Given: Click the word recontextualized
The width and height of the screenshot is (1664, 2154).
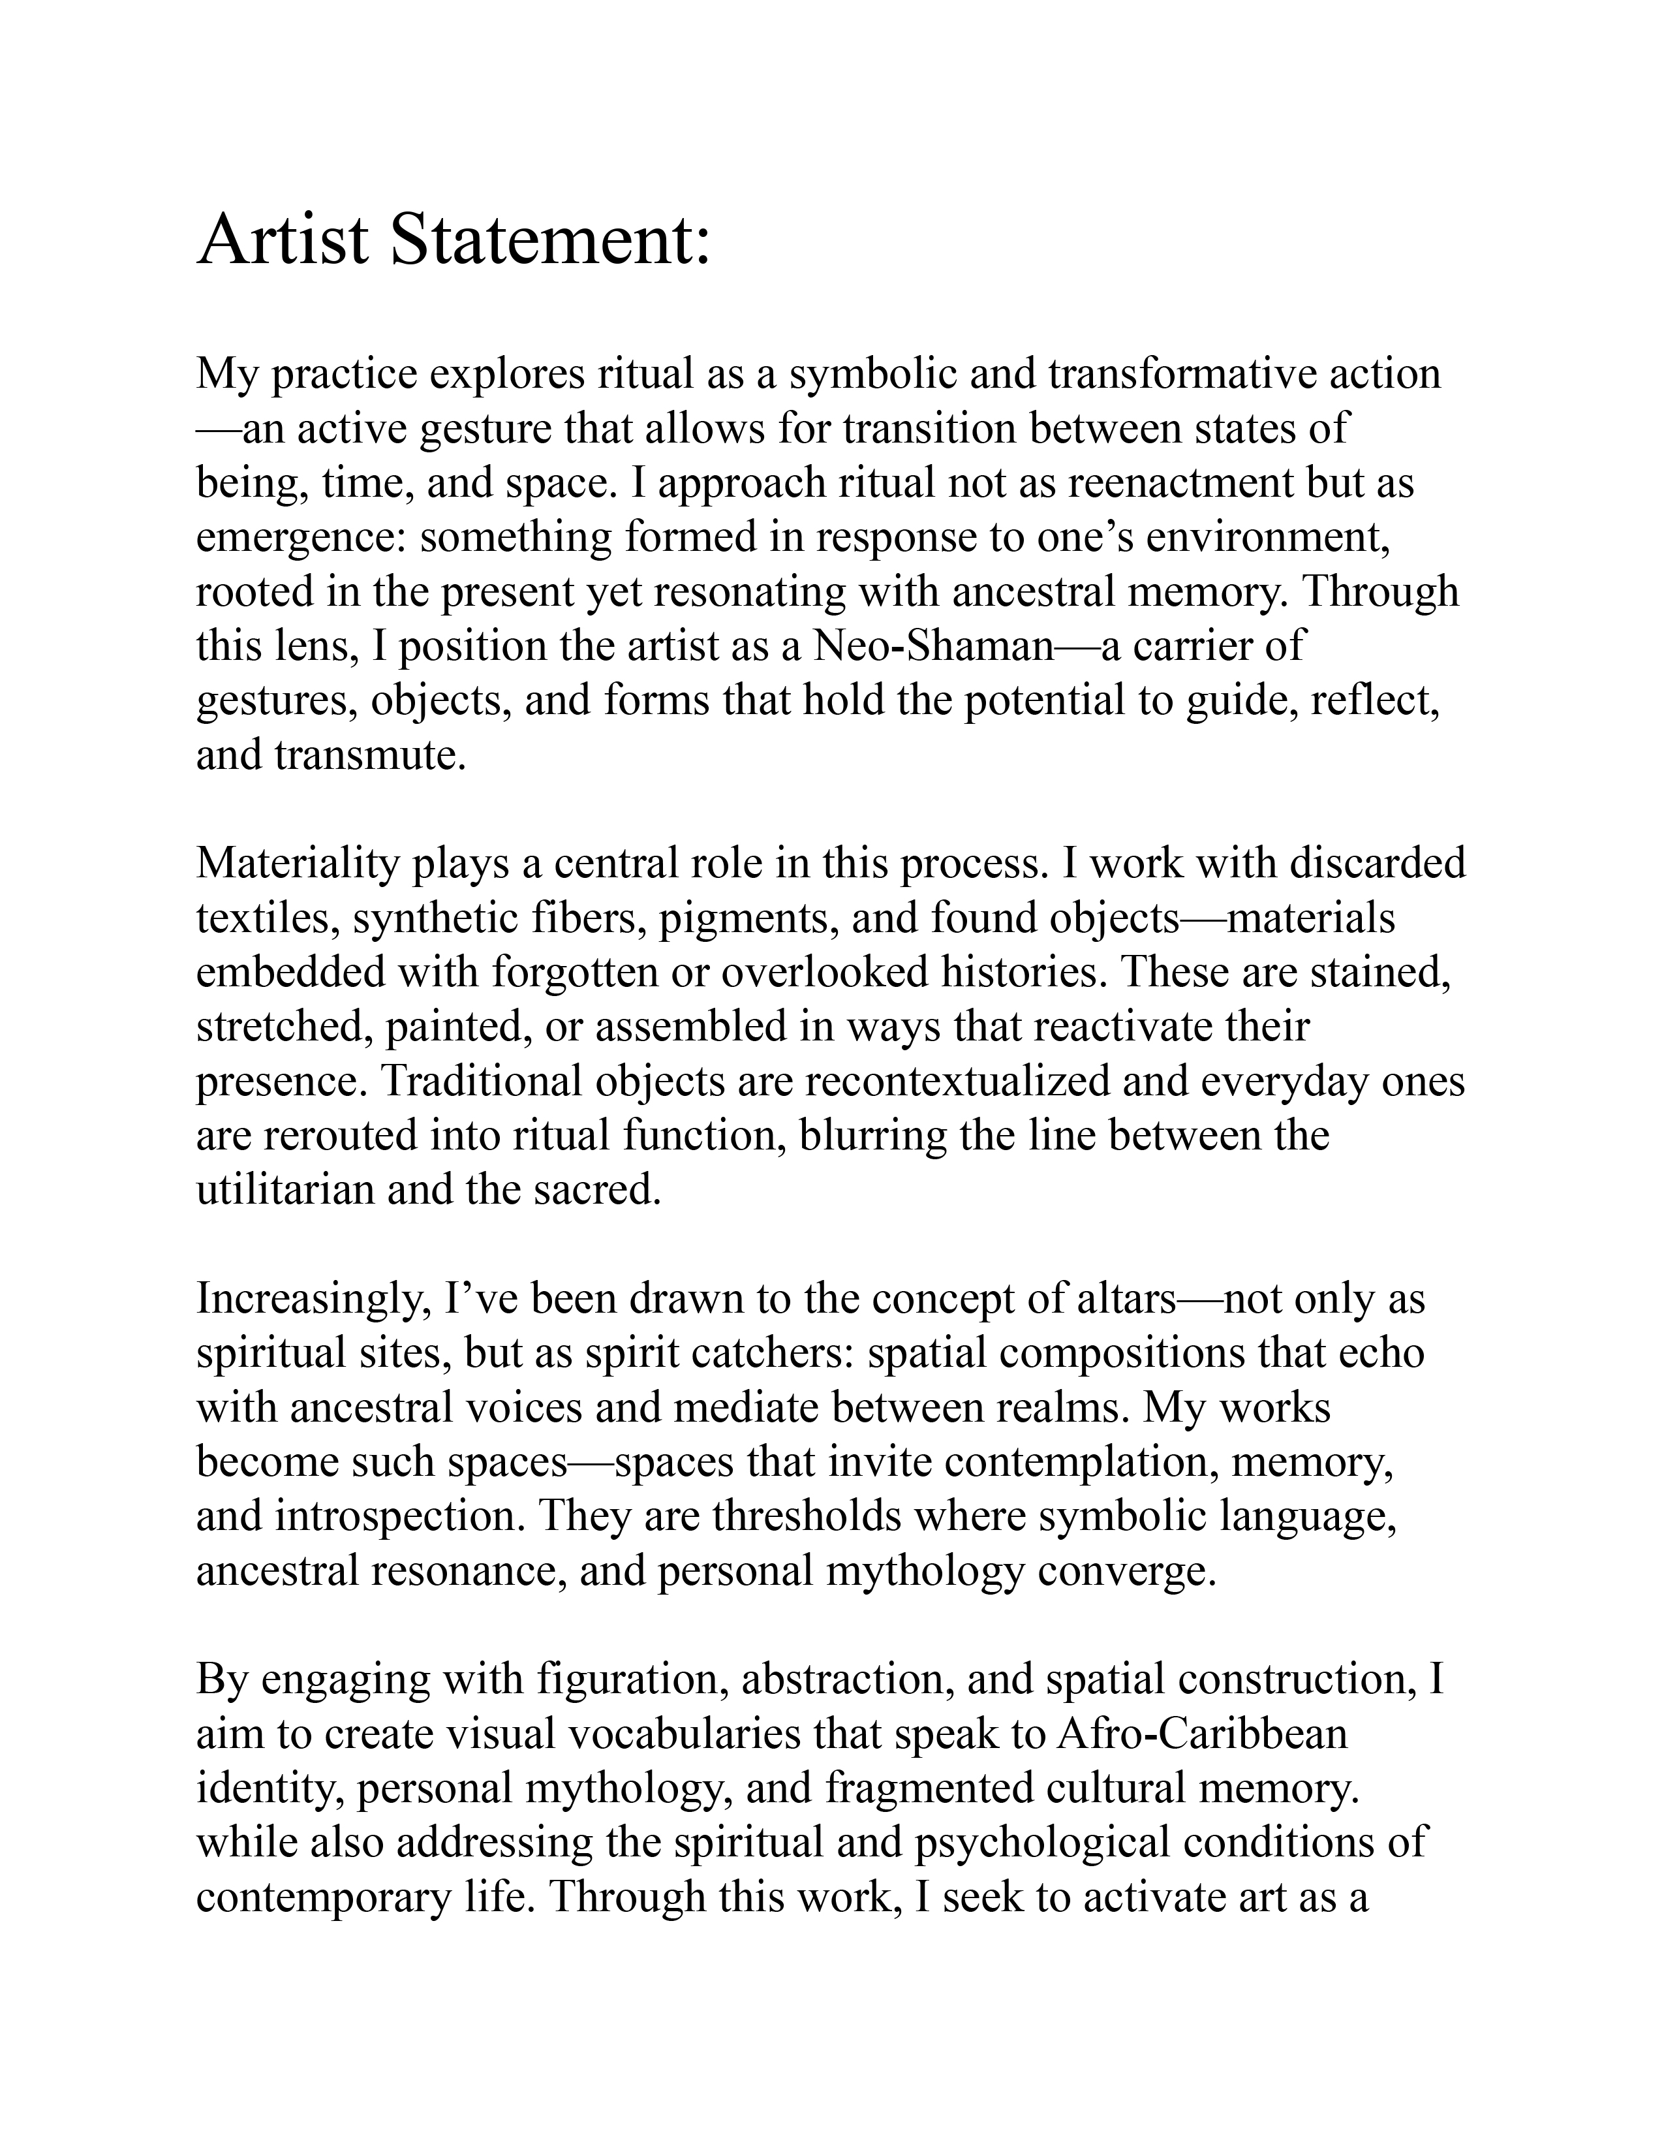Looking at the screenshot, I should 996,1081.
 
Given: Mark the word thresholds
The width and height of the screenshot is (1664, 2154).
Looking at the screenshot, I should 807,1516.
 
